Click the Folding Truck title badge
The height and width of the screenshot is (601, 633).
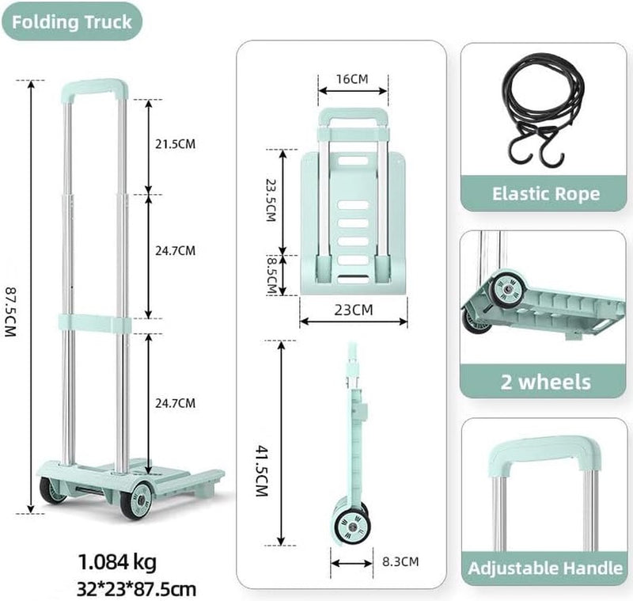point(72,22)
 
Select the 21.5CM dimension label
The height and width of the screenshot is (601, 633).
point(175,144)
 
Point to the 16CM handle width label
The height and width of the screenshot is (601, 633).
point(352,78)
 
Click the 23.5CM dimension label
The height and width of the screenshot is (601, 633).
point(271,200)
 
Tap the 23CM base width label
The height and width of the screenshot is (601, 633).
point(353,310)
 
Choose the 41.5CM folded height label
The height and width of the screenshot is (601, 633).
point(263,470)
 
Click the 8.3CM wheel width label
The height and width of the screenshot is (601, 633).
point(400,561)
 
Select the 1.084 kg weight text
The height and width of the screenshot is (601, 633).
point(117,562)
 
